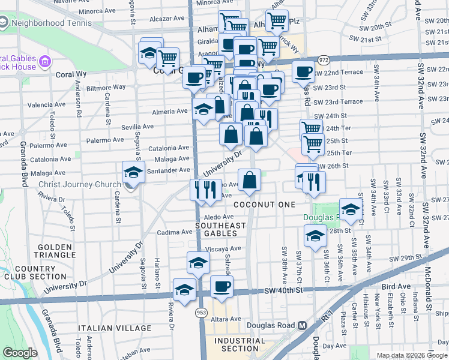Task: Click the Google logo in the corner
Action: [20, 353]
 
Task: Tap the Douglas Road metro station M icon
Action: [303, 325]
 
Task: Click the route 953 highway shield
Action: [200, 313]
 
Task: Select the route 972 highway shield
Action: [324, 61]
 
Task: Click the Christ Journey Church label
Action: [79, 185]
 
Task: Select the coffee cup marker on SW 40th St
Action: [221, 287]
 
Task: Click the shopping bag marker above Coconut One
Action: [249, 180]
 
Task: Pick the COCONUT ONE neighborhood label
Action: [265, 205]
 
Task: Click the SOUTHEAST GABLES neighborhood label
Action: [220, 229]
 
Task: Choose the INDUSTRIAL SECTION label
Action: [240, 344]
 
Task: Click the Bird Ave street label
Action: [394, 286]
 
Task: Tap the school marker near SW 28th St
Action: [315, 236]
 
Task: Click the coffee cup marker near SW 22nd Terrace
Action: [303, 72]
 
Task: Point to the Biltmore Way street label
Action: [106, 87]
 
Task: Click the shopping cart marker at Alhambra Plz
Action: [277, 21]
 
